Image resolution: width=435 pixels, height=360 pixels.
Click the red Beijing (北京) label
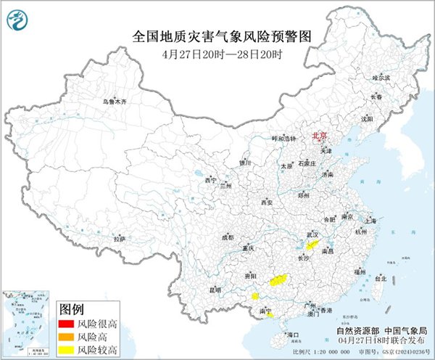click(318, 135)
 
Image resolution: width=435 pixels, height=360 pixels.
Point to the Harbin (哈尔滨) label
click(381, 76)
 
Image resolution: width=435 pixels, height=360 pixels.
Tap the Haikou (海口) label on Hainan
click(294, 335)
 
